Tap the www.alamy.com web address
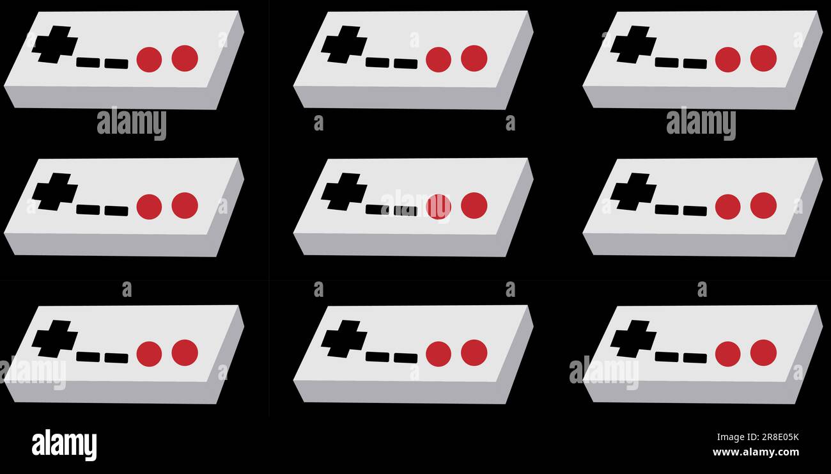coord(756,452)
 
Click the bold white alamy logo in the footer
coord(64,445)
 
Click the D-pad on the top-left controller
coord(55,45)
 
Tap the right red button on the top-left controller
coord(185,58)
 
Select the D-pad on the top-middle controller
coord(344,45)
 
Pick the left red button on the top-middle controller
coord(439,59)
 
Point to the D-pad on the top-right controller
coord(633,45)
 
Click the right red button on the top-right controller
coord(763,58)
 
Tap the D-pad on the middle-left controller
coord(55,192)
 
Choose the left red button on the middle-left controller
coord(149,207)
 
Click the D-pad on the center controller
coord(344,192)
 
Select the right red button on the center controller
coord(474,205)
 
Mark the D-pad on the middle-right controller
coord(633,192)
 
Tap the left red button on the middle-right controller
coord(727,207)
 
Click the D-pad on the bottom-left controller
coord(55,339)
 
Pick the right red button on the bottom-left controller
coord(185,352)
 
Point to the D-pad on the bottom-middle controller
coord(344,339)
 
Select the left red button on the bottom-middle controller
coord(439,354)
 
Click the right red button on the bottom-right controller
coord(763,352)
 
